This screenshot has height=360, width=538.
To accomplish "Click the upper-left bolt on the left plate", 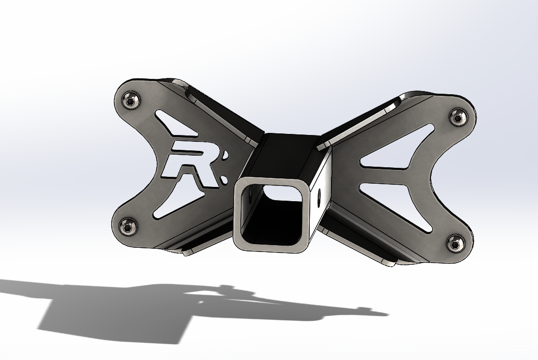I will point(131,98).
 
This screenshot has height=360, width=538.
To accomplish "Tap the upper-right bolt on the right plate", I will point(458,116).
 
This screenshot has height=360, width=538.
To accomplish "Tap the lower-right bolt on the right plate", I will point(455,244).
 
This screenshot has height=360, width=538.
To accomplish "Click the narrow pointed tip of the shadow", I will point(381,314).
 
